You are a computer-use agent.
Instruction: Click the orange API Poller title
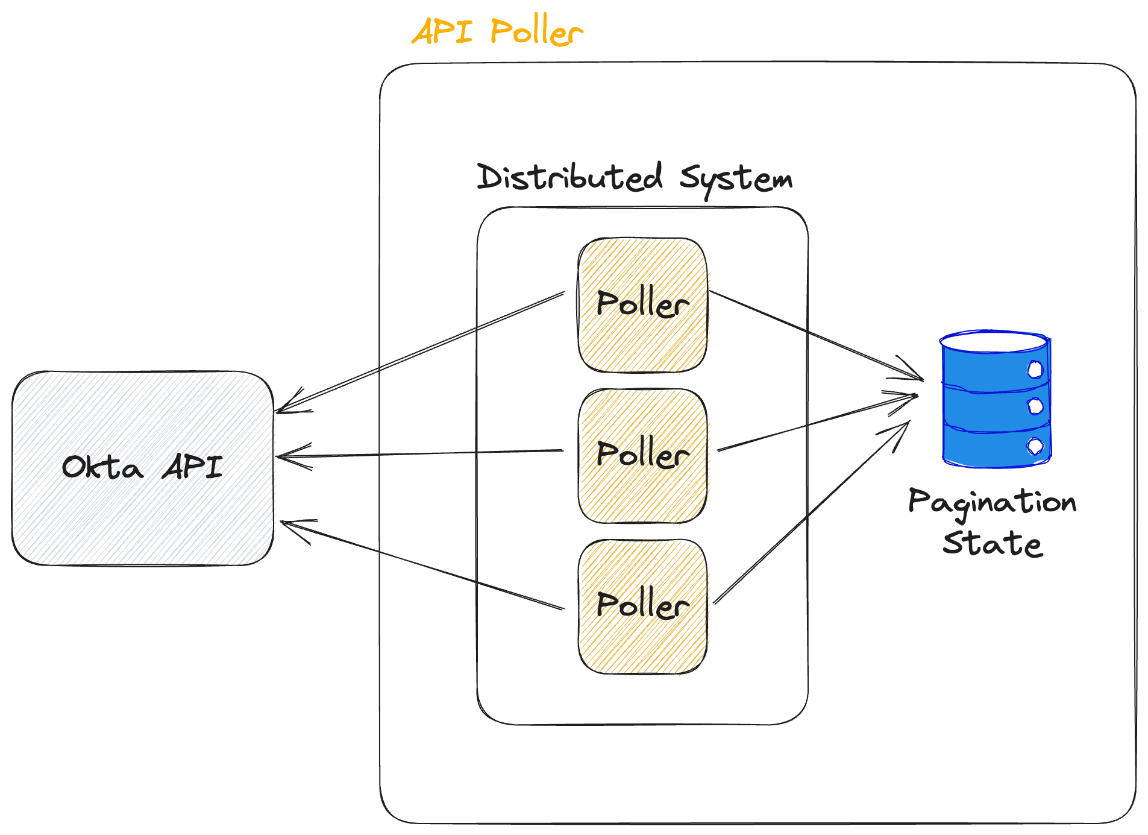[x=498, y=31]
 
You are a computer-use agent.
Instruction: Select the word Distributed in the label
[x=569, y=177]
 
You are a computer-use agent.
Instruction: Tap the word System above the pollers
[x=736, y=179]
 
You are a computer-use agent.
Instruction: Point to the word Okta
[x=102, y=467]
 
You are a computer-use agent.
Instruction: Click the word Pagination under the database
[x=993, y=502]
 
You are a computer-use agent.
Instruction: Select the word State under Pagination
[x=993, y=543]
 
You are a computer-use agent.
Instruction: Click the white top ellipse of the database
[x=993, y=342]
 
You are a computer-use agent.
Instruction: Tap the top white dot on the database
[x=1035, y=369]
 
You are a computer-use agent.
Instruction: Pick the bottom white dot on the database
[x=1035, y=446]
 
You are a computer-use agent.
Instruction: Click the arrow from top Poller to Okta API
[x=422, y=351]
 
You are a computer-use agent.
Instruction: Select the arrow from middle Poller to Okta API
[x=422, y=453]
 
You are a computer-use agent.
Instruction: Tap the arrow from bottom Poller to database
[x=811, y=513]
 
